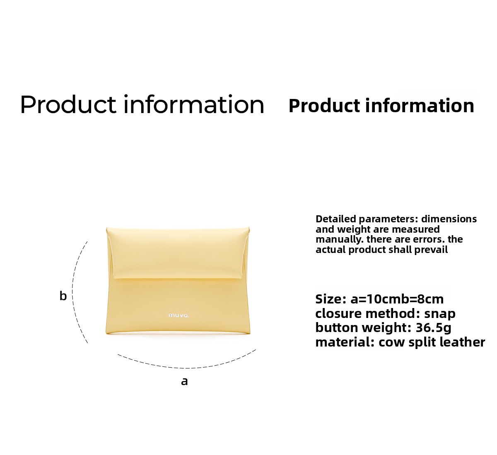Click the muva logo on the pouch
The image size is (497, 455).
(179, 315)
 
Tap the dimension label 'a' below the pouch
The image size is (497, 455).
(184, 381)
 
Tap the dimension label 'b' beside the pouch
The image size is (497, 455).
(63, 296)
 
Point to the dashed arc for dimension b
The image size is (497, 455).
(72, 292)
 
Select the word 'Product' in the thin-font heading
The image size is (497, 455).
(68, 104)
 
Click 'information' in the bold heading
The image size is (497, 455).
(420, 106)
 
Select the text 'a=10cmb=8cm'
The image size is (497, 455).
(397, 299)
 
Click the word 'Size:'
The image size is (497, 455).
(331, 299)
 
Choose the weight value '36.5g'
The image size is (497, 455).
(433, 328)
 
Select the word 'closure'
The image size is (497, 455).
(338, 313)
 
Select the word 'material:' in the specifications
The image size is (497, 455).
(345, 342)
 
